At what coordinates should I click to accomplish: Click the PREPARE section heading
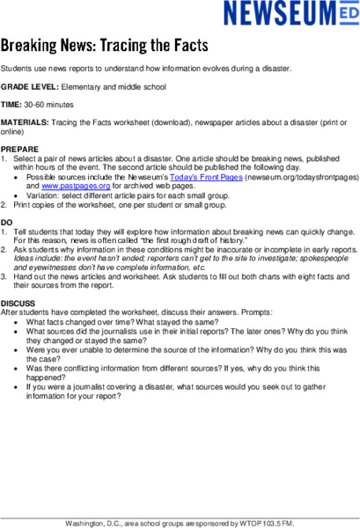click(19, 149)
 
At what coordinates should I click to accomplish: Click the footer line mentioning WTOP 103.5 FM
click(180, 523)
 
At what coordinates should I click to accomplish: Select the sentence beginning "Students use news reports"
click(158, 69)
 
